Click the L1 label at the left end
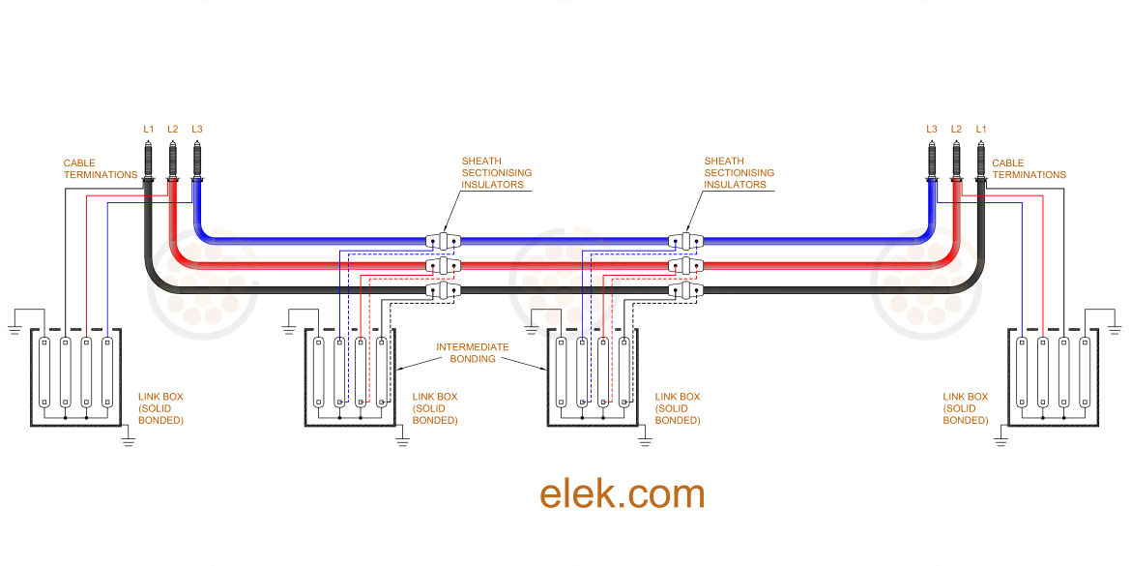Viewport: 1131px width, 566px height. [x=148, y=129]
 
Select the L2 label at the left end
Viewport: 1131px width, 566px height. [x=172, y=129]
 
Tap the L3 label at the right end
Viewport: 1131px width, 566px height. [x=931, y=129]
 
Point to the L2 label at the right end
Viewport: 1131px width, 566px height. [x=956, y=129]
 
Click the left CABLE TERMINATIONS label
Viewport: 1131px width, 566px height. [x=101, y=169]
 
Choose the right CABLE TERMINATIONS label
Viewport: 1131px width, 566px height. [x=1029, y=169]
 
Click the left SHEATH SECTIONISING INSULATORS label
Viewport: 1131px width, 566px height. [x=496, y=173]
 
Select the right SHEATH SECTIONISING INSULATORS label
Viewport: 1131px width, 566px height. [x=739, y=173]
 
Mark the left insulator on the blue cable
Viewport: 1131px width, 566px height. [x=444, y=240]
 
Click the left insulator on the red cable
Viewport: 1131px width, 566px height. [x=444, y=265]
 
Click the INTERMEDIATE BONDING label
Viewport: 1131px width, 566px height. [x=472, y=353]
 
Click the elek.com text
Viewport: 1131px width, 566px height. [x=622, y=493]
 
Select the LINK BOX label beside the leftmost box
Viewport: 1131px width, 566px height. [x=159, y=408]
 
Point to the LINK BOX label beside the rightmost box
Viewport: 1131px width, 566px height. [x=965, y=408]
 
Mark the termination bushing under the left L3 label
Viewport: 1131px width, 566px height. [x=197, y=160]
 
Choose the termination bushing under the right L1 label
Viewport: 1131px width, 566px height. [x=981, y=160]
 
